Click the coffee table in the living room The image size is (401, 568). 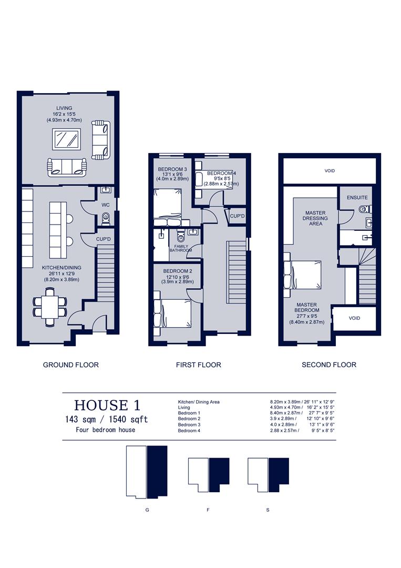pos(66,139)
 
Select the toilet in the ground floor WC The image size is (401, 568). pos(106,217)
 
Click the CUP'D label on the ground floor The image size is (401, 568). pos(104,239)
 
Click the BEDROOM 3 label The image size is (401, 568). pos(169,169)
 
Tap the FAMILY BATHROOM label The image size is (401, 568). pos(180,248)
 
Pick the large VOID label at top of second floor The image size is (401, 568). pos(330,171)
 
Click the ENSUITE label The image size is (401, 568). pos(357,198)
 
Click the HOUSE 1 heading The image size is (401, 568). pos(107,405)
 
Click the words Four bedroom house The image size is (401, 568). pos(106,430)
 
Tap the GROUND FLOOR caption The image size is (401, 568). pos(70,364)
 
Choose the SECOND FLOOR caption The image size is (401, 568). pos(328,364)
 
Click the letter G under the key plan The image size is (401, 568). pos(147,510)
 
